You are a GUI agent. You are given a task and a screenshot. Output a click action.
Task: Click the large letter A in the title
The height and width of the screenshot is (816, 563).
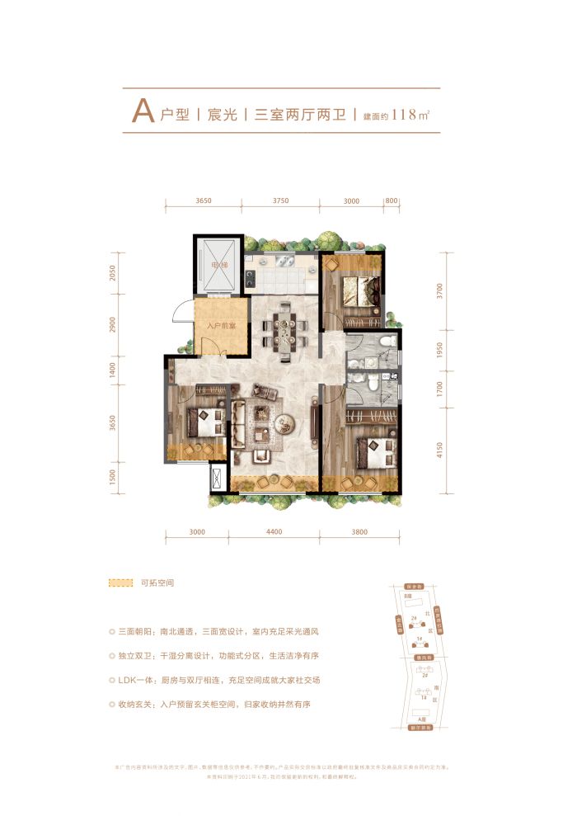(x=142, y=113)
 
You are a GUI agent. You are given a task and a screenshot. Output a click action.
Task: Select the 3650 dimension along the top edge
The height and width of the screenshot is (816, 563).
(x=204, y=200)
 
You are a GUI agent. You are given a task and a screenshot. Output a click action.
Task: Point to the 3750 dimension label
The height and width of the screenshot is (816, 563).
(x=281, y=200)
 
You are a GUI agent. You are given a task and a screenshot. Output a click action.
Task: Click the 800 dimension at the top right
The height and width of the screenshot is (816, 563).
(x=391, y=200)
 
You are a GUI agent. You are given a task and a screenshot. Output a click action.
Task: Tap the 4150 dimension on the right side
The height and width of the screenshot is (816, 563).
(x=441, y=450)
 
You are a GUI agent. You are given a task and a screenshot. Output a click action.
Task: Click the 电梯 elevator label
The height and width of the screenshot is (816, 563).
(x=218, y=265)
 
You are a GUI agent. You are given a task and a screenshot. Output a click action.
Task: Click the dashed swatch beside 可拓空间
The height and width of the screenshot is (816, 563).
(x=120, y=583)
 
